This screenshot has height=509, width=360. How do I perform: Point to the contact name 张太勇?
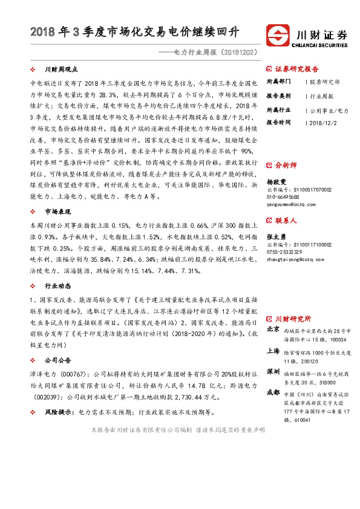[277, 237]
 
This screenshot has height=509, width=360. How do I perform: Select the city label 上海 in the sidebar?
[272, 351]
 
